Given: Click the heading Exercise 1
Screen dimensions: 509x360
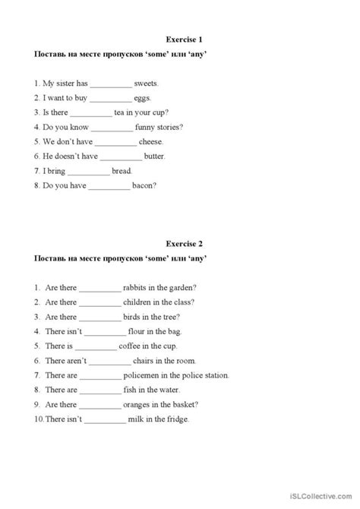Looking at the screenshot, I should pos(184,38).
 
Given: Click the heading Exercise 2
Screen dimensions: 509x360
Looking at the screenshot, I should pos(184,244).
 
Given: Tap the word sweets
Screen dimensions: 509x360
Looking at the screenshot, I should pos(146,84).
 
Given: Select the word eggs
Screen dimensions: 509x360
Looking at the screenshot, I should pos(142,98).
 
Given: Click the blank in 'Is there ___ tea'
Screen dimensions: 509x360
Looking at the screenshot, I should pos(90,112).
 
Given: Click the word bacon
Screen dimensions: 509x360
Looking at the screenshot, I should pos(145,185).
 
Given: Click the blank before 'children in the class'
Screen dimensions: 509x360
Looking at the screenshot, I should pos(99,302).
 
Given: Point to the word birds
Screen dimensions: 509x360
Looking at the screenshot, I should pos(134,317).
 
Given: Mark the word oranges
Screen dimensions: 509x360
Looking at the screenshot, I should pos(138,404).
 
